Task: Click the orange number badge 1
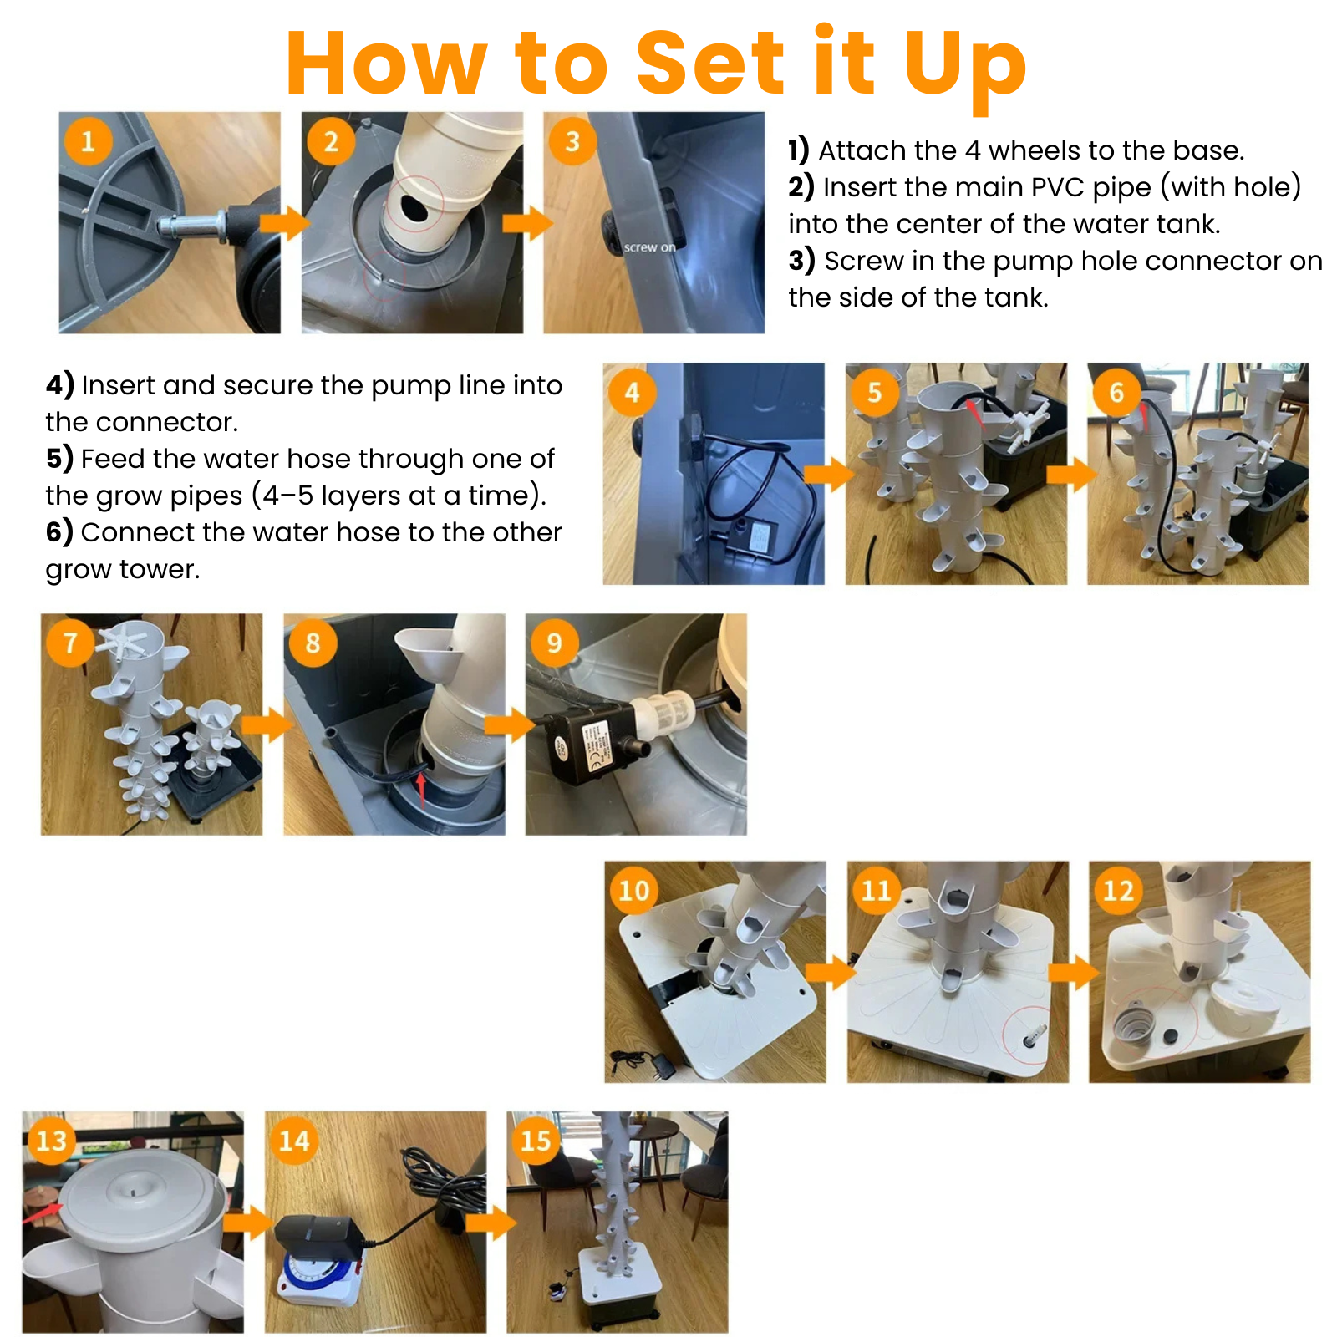pos(88,140)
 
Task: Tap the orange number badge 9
pos(554,642)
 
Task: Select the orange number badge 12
pos(1118,890)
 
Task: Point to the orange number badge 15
pos(536,1141)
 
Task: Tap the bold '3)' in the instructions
pos(801,261)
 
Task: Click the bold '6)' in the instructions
pos(59,532)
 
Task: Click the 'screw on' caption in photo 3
pos(649,247)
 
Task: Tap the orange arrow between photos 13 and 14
pos(248,1223)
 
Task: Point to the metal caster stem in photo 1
pos(192,226)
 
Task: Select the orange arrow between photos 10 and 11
pos(831,972)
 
